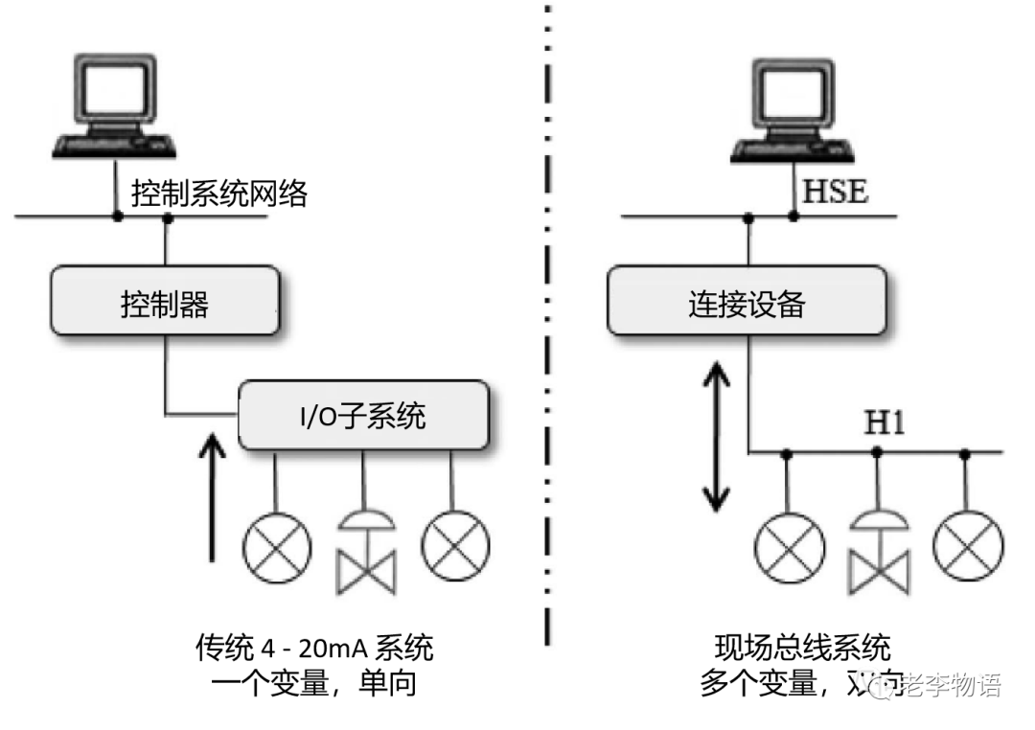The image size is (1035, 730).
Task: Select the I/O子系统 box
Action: pos(363,416)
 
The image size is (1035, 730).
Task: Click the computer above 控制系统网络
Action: pos(116,104)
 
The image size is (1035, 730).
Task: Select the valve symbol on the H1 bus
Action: pos(877,556)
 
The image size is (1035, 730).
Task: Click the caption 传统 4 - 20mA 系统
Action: pos(313,649)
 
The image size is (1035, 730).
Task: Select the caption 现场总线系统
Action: pos(803,649)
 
